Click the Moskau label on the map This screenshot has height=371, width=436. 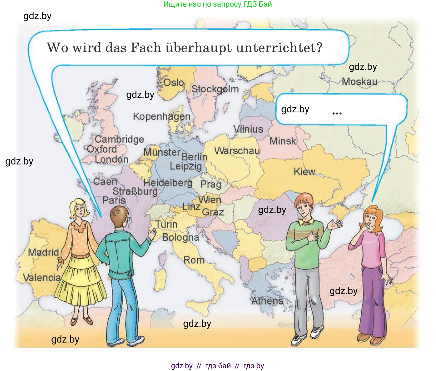click(x=359, y=81)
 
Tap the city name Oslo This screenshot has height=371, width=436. click(x=174, y=82)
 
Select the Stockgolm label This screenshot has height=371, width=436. click(x=215, y=89)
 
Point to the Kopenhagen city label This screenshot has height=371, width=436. click(x=162, y=117)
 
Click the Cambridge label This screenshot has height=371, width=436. click(x=119, y=139)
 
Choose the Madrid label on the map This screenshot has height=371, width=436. click(x=44, y=252)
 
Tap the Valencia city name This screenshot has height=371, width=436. click(x=42, y=277)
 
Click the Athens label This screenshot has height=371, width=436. click(x=267, y=301)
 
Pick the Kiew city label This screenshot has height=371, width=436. click(x=304, y=172)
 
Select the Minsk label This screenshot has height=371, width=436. click(x=283, y=141)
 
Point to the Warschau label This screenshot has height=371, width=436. click(x=237, y=151)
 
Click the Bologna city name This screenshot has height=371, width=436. click(x=181, y=237)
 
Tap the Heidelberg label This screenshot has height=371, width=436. click(x=168, y=183)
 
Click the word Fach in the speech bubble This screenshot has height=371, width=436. click(x=146, y=48)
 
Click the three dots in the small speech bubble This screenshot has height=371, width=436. click(x=337, y=114)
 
